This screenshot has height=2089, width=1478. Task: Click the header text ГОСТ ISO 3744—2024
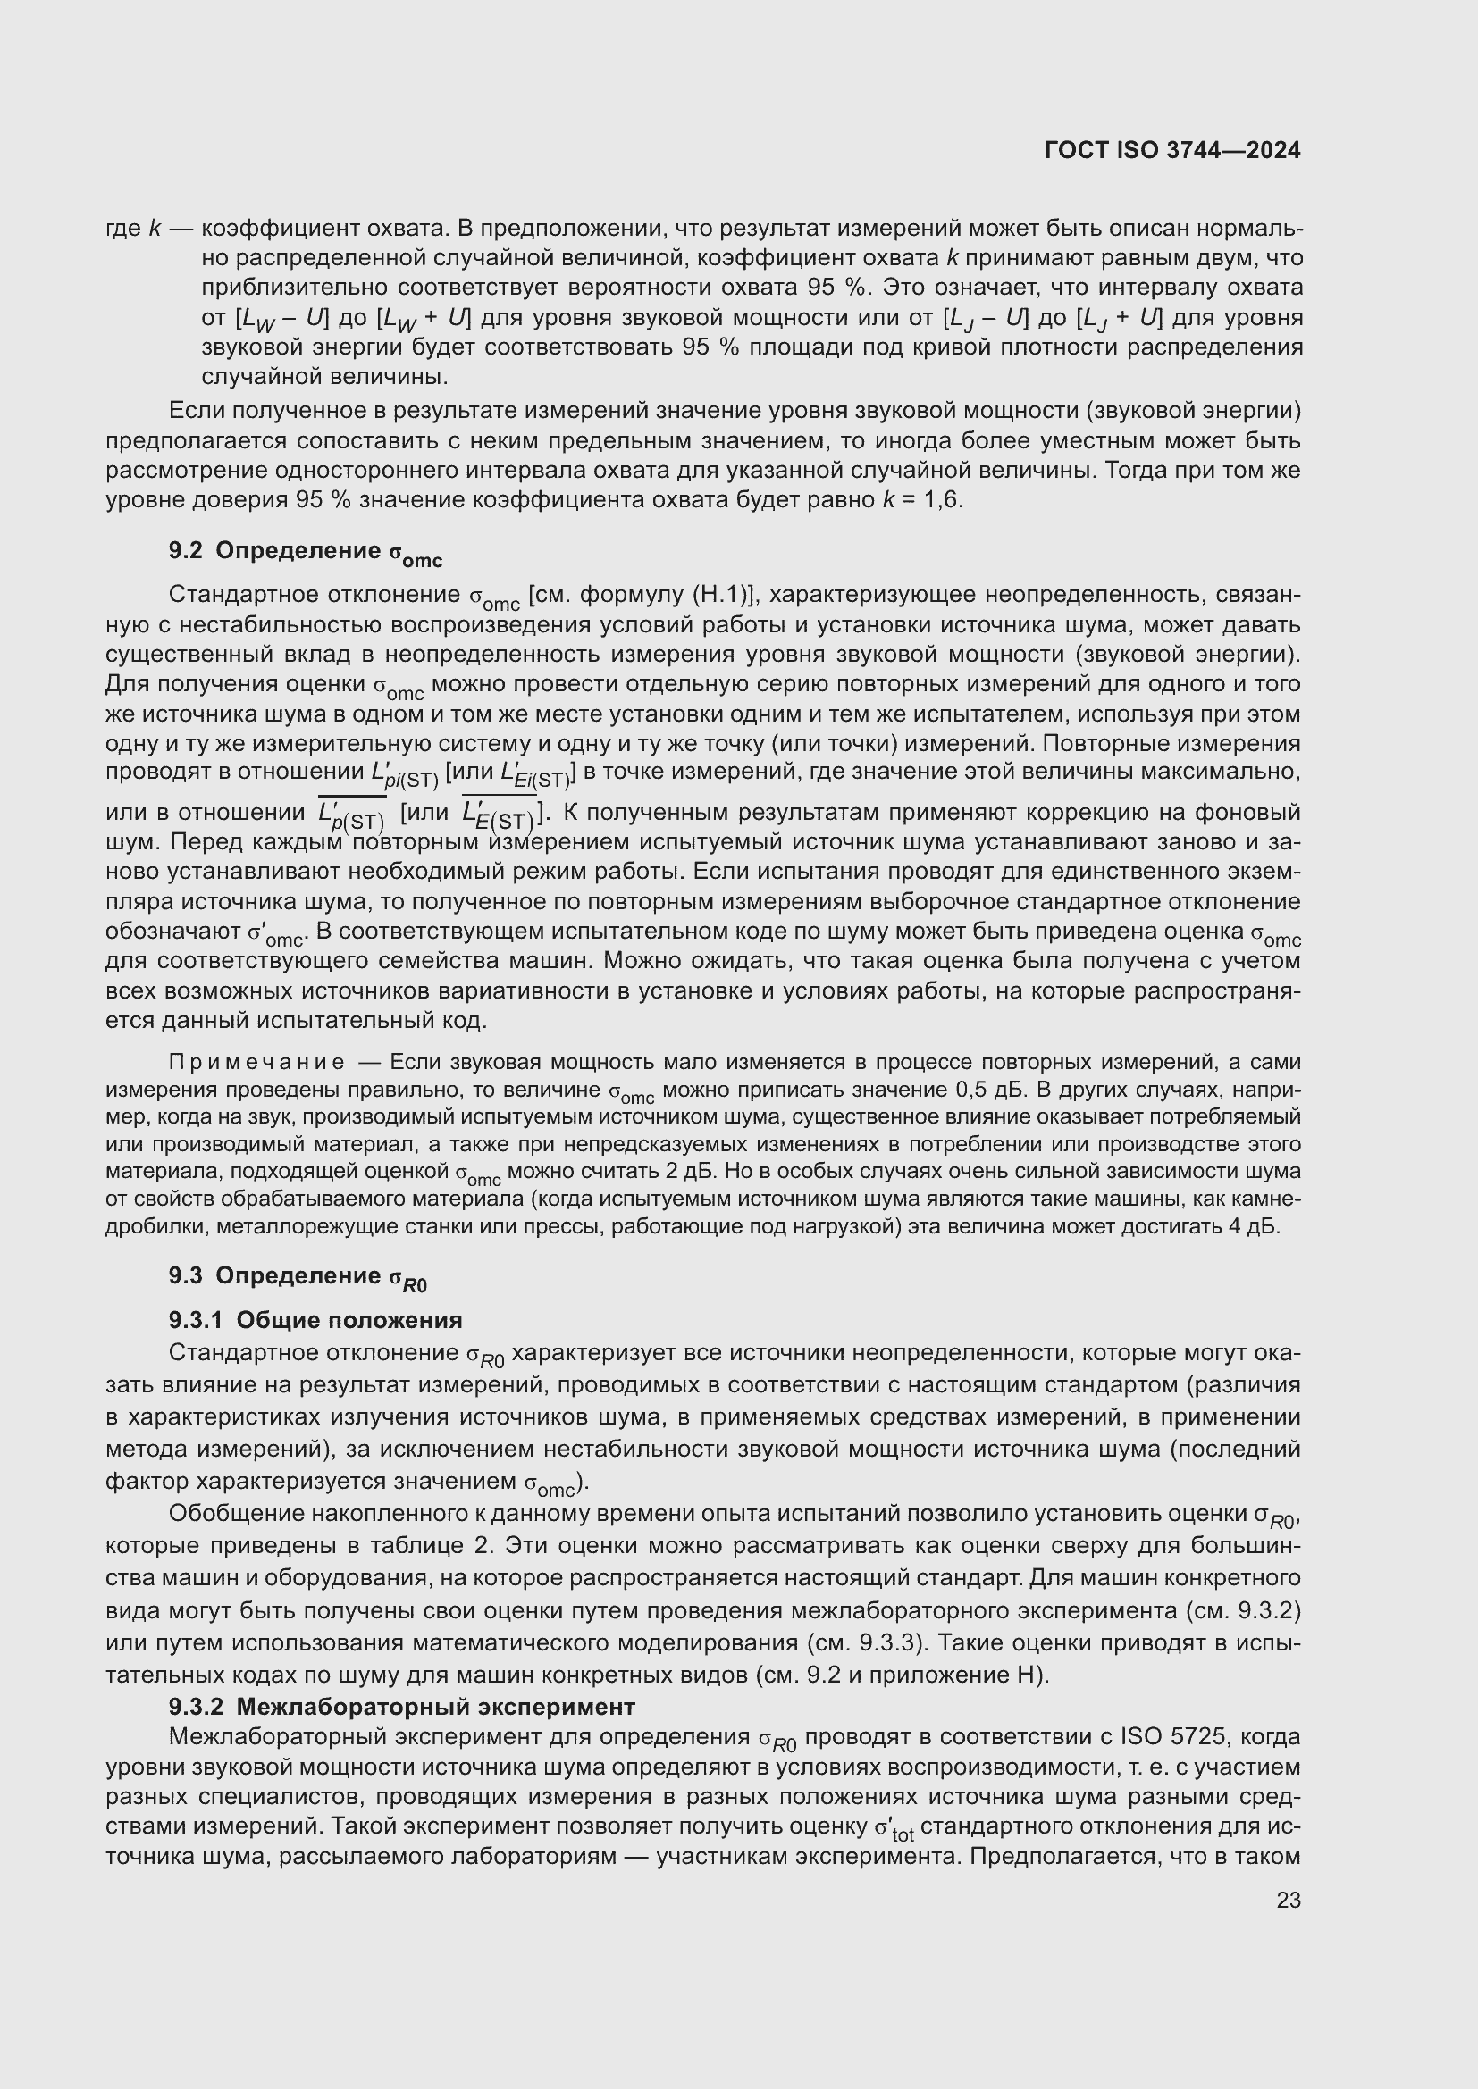(1172, 150)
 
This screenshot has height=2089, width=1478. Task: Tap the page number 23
(1289, 1901)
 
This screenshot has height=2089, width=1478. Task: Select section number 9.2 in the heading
(186, 550)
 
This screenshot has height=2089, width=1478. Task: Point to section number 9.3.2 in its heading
(196, 1706)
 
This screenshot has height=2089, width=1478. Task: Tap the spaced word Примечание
(256, 1062)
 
